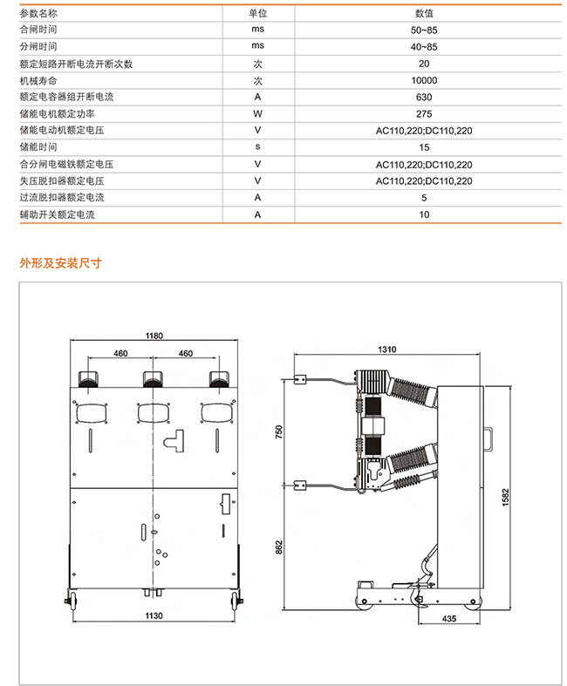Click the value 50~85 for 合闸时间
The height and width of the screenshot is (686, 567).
pyautogui.click(x=424, y=31)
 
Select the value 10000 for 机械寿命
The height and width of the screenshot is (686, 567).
pyautogui.click(x=424, y=80)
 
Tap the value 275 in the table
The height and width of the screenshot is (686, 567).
pyautogui.click(x=424, y=113)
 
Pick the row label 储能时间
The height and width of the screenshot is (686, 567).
pyautogui.click(x=38, y=147)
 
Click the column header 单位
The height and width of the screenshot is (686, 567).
pyautogui.click(x=258, y=14)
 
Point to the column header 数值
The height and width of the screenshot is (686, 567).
pyautogui.click(x=424, y=14)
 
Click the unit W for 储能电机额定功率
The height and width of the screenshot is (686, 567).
pyautogui.click(x=257, y=113)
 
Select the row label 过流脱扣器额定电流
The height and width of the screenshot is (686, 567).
pyautogui.click(x=62, y=197)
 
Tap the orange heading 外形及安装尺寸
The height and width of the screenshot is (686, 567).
pyautogui.click(x=60, y=263)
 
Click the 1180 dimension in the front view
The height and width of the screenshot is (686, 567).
pyautogui.click(x=154, y=336)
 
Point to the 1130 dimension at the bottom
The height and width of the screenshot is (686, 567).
pyautogui.click(x=154, y=615)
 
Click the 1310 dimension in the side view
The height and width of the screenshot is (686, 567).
pyautogui.click(x=387, y=350)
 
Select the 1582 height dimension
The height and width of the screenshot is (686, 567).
pyautogui.click(x=506, y=498)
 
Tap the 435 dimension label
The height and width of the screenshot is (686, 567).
pyautogui.click(x=449, y=619)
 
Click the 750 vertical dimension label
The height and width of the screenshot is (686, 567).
pyautogui.click(x=279, y=431)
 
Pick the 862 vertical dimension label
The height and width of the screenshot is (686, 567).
pyautogui.click(x=279, y=547)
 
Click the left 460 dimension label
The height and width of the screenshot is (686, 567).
pyautogui.click(x=120, y=353)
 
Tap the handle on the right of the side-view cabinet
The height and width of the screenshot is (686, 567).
pyautogui.click(x=488, y=438)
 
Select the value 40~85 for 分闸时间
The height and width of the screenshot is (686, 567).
pyautogui.click(x=424, y=47)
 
